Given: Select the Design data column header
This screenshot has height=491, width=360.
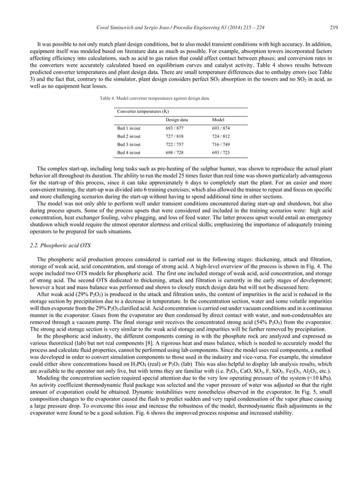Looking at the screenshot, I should click(x=177, y=120).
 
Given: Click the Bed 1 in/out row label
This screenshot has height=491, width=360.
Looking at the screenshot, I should click(x=129, y=129).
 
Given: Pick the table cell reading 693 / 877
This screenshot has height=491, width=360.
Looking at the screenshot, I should click(x=175, y=129).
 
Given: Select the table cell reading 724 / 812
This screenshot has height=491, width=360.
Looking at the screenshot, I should click(x=221, y=136).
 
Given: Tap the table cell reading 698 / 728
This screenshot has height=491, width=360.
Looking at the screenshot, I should click(x=175, y=153).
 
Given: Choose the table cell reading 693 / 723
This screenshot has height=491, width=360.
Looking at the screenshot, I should click(x=221, y=153).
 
